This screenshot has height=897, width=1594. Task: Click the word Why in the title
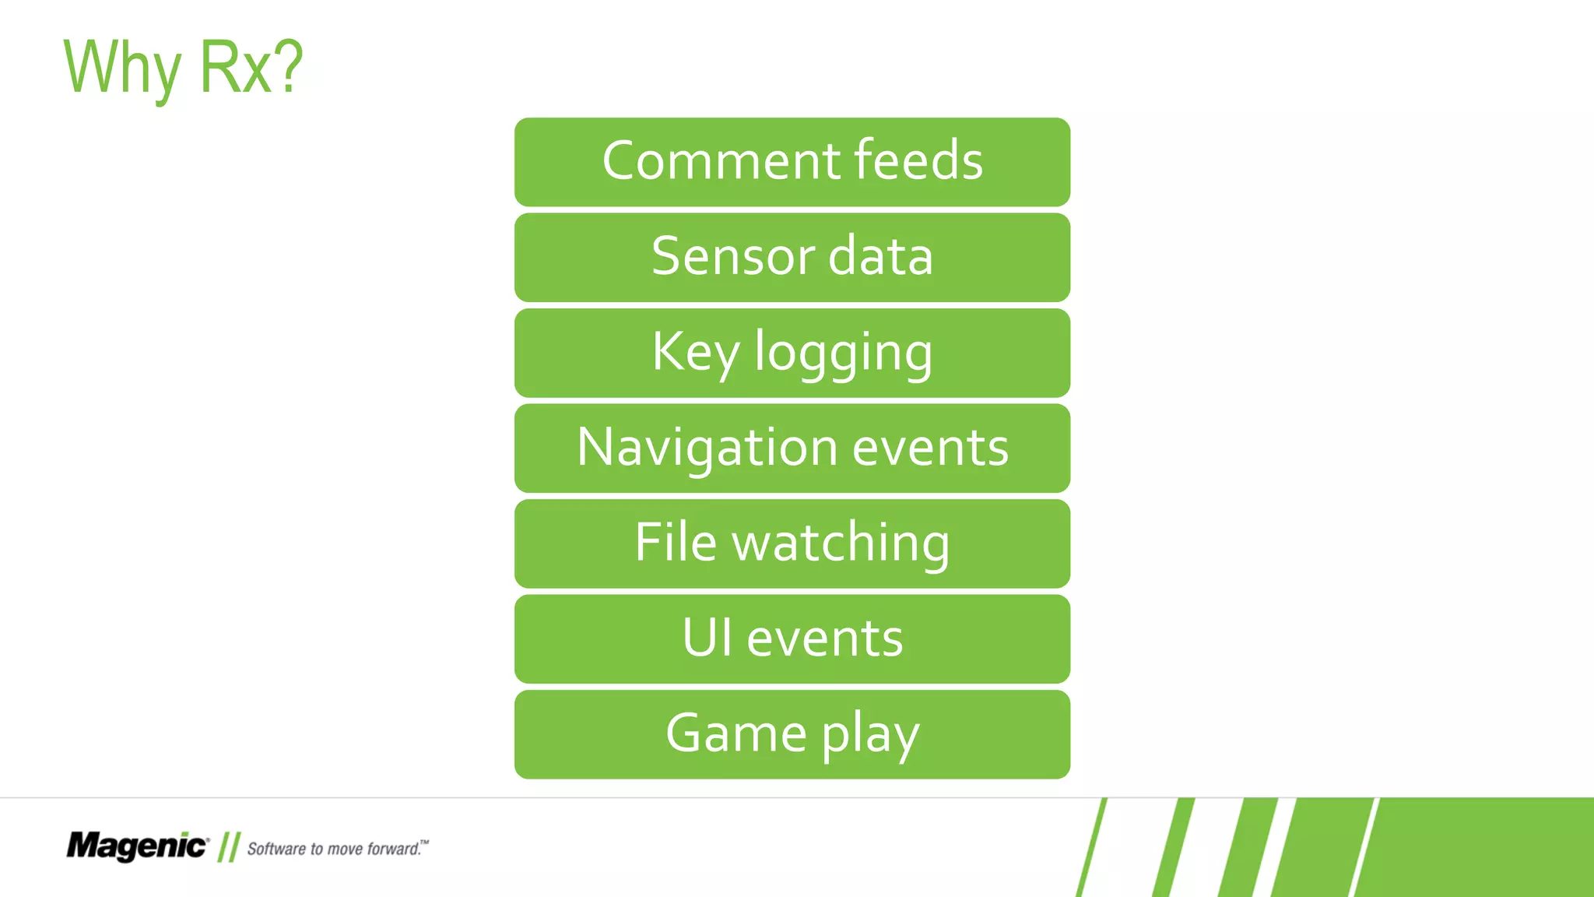click(x=122, y=69)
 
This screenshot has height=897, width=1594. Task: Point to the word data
click(x=880, y=256)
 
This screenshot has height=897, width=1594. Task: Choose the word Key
click(x=695, y=353)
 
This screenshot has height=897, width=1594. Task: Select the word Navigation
click(x=707, y=448)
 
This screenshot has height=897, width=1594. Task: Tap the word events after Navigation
click(x=931, y=448)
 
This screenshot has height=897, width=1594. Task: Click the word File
click(x=675, y=542)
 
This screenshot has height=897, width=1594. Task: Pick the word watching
click(x=841, y=543)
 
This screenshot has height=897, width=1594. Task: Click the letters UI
click(x=707, y=638)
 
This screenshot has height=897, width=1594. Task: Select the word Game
click(x=736, y=733)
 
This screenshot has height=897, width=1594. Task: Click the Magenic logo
click(x=137, y=846)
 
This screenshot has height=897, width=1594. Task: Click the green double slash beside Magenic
click(x=229, y=847)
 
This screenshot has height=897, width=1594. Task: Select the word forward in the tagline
click(x=393, y=849)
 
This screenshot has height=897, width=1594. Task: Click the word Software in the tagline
click(x=276, y=849)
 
